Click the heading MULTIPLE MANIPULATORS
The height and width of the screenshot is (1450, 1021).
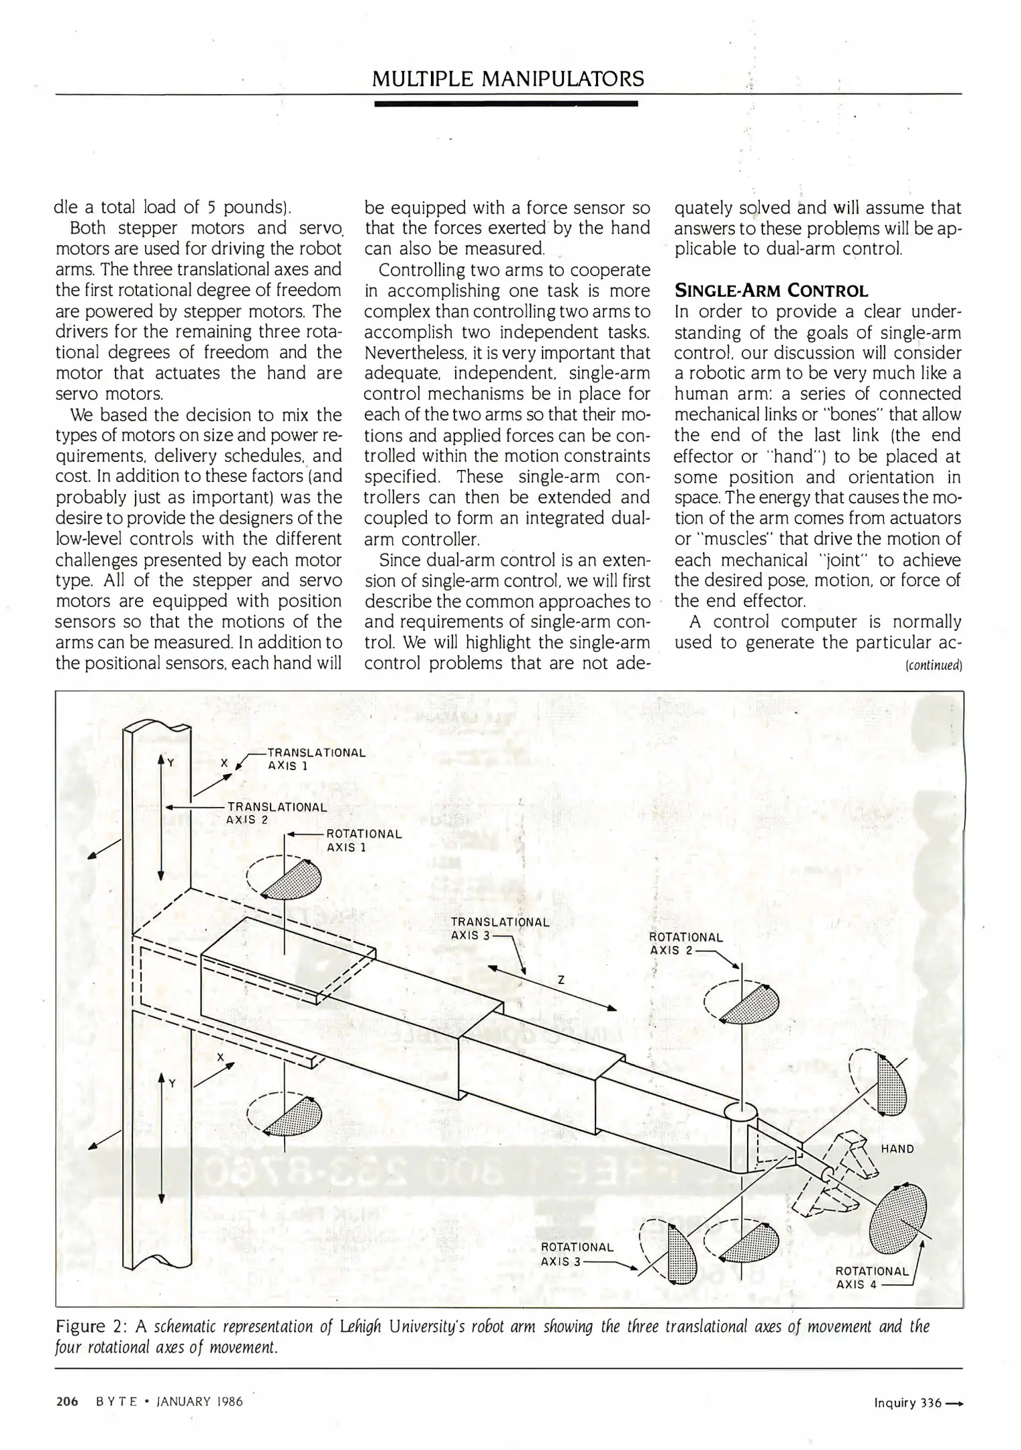tap(507, 79)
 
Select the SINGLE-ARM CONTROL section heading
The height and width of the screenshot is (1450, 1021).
tap(771, 291)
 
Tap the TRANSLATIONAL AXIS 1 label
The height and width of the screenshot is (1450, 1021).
tap(315, 759)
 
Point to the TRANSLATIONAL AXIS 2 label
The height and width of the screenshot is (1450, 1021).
tap(276, 812)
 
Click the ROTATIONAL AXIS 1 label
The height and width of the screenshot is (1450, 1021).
tap(363, 840)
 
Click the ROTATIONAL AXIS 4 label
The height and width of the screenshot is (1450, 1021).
tap(871, 1277)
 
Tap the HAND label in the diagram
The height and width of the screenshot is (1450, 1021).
tap(897, 1149)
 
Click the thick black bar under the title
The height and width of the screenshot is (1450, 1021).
tap(505, 103)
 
